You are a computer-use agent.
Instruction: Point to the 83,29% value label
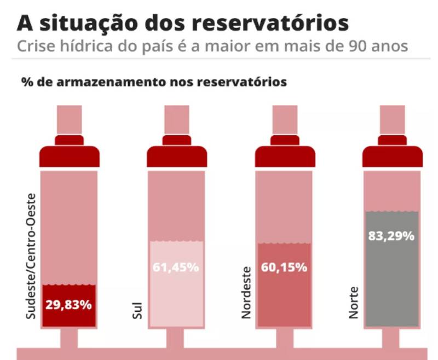pyautogui.click(x=392, y=237)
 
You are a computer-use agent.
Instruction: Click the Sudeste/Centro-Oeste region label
pyautogui.click(x=31, y=256)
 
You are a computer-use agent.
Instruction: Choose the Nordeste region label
pyautogui.click(x=246, y=292)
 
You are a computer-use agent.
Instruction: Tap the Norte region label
pyautogui.click(x=354, y=303)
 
